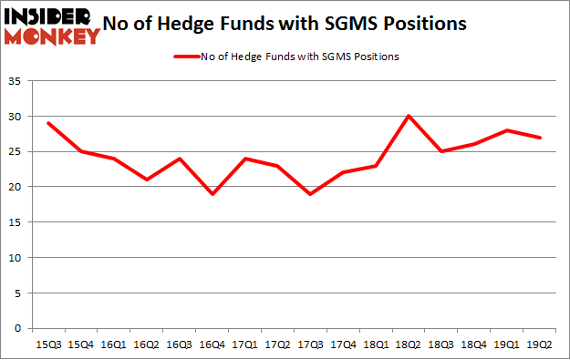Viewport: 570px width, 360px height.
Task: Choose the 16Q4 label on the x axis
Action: [x=212, y=345]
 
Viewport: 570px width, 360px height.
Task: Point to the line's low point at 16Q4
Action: [x=212, y=193]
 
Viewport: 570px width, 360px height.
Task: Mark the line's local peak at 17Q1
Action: [x=244, y=159]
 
